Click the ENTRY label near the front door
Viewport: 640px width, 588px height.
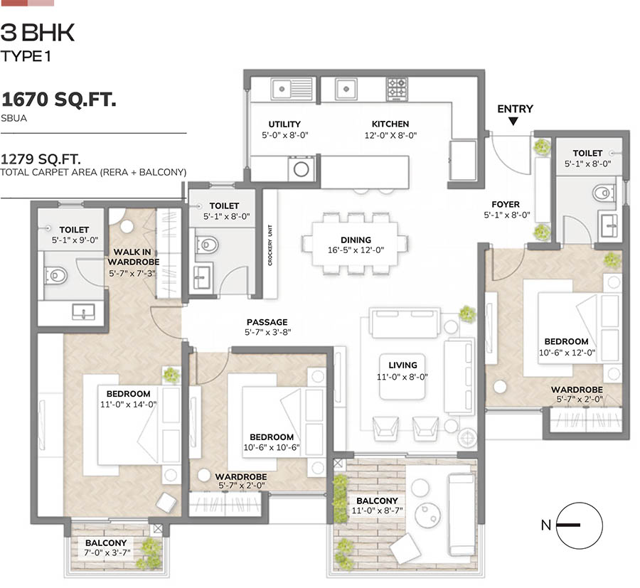pos(515,109)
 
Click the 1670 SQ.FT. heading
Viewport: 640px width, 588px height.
pos(58,100)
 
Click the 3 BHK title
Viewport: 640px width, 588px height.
pos(38,32)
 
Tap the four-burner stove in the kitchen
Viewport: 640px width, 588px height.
pos(396,88)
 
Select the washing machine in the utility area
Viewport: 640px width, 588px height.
pos(302,169)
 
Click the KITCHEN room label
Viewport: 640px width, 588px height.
pos(390,124)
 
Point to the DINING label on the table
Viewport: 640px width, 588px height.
pos(355,240)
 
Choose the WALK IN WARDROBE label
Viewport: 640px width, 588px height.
pos(134,257)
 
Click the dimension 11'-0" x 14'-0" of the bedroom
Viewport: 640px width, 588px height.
pos(128,404)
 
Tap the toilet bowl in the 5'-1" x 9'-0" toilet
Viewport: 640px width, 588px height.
pos(56,274)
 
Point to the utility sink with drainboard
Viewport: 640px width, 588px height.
pos(292,89)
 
